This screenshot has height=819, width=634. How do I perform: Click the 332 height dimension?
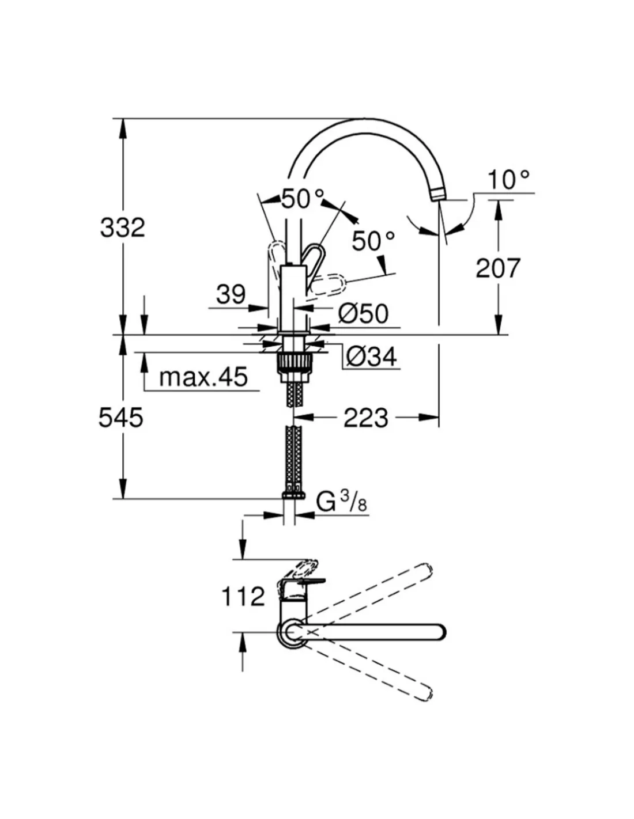pyautogui.click(x=122, y=228)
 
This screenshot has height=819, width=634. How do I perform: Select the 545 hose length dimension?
pyautogui.click(x=120, y=418)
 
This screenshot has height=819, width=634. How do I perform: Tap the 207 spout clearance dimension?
pyautogui.click(x=497, y=268)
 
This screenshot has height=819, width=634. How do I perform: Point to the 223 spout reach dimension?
pyautogui.click(x=366, y=418)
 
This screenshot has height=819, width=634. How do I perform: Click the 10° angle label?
pyautogui.click(x=508, y=180)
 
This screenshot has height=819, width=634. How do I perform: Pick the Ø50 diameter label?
pyautogui.click(x=364, y=314)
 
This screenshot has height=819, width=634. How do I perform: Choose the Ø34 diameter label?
pyautogui.click(x=372, y=358)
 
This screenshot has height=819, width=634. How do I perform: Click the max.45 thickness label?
pyautogui.click(x=203, y=377)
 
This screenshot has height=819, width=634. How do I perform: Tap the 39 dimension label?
pyautogui.click(x=231, y=295)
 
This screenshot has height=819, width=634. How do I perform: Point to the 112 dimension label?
pyautogui.click(x=243, y=597)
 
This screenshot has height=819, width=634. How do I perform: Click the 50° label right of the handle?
pyautogui.click(x=373, y=241)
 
